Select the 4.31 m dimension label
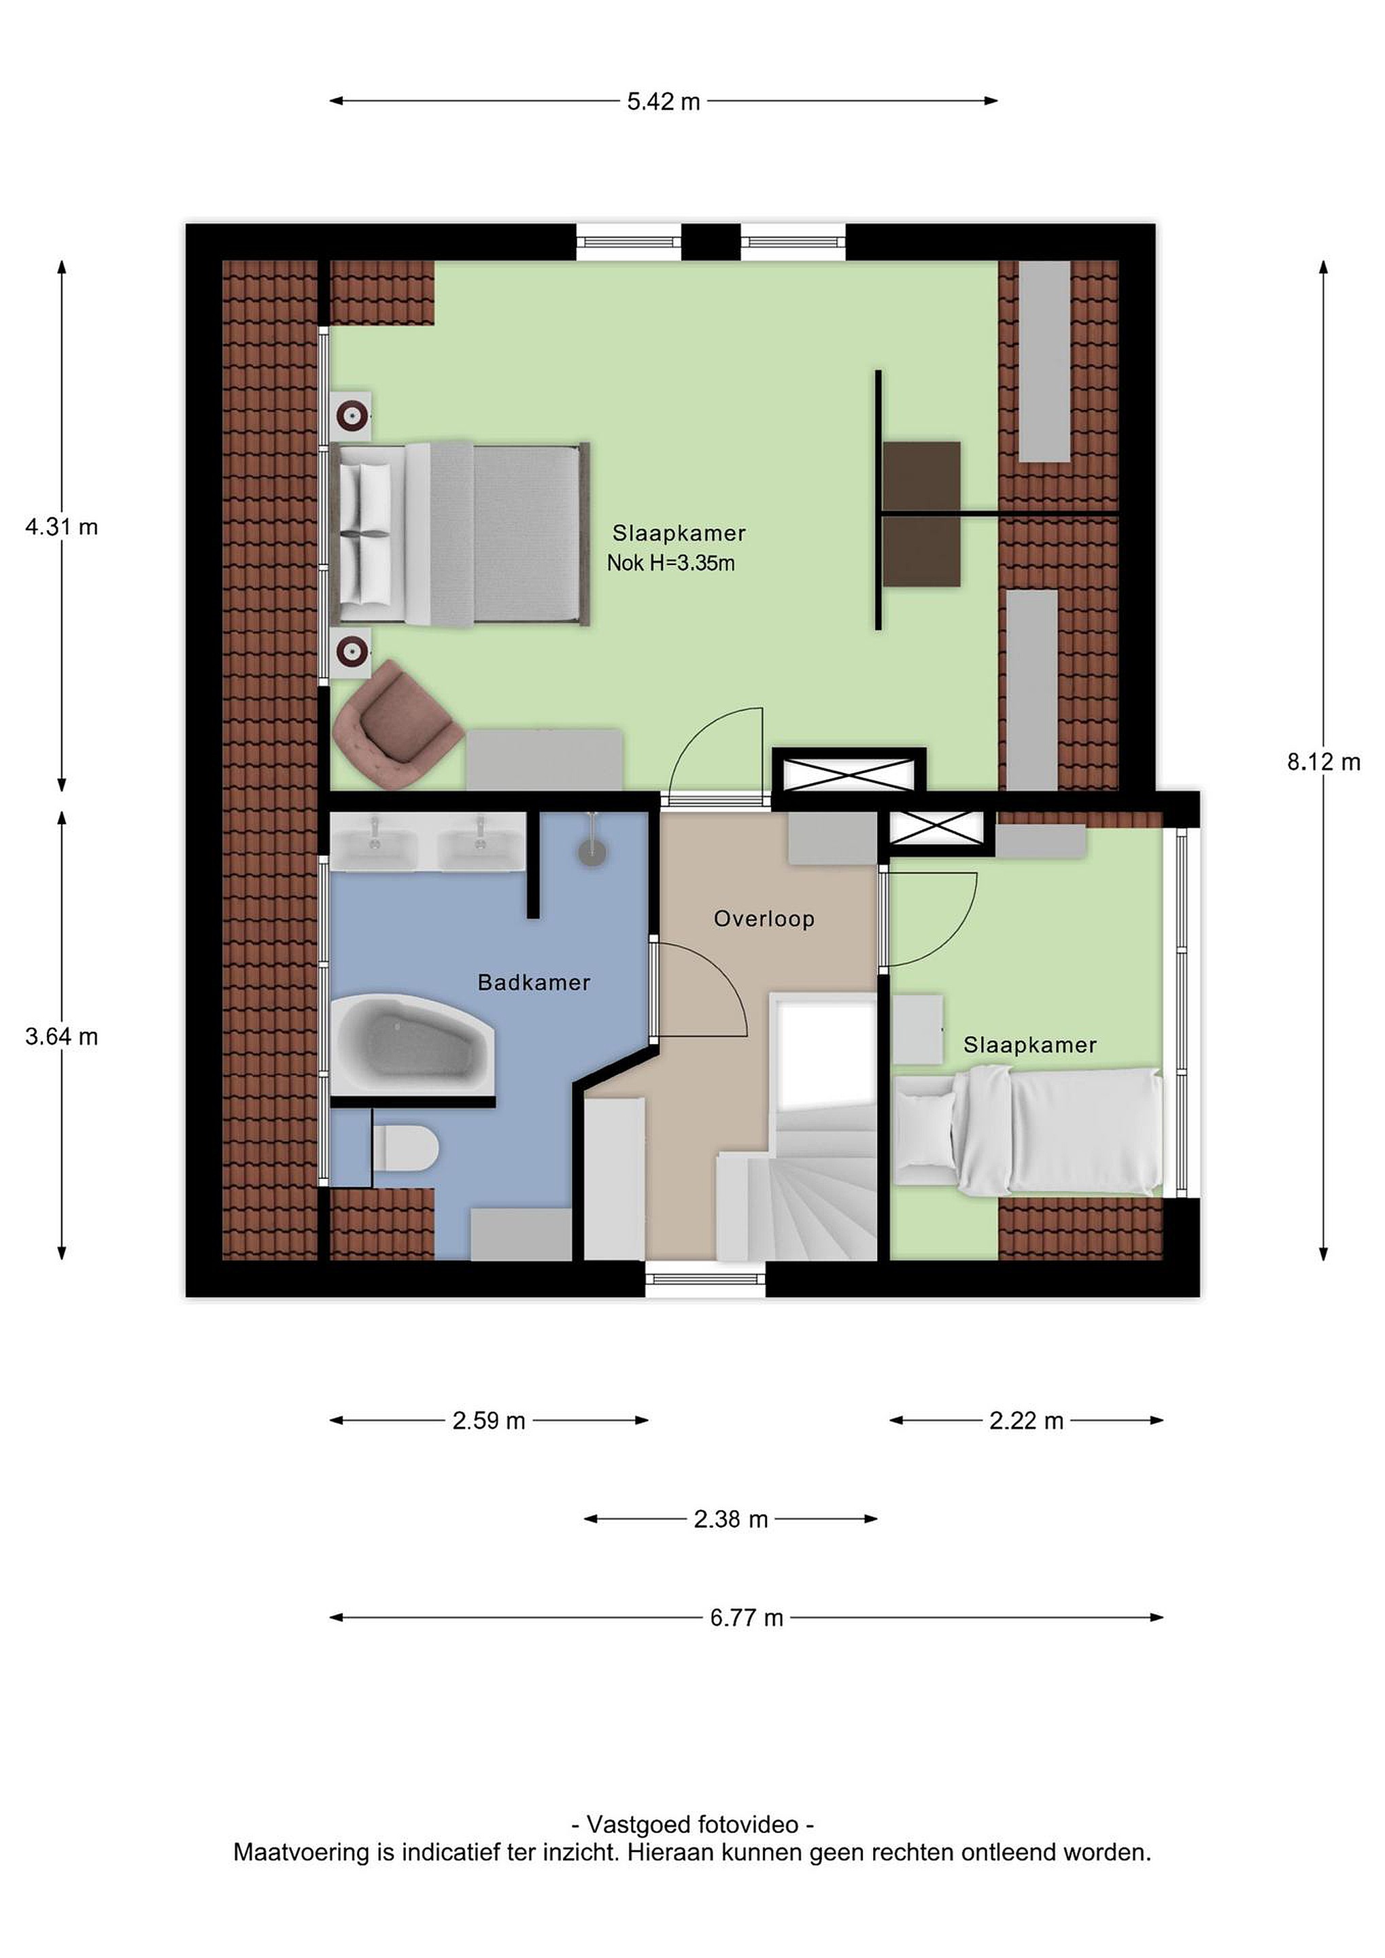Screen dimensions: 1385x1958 61,527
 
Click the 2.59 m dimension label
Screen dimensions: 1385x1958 489,1421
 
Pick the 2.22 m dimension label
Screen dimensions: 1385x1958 1027,1421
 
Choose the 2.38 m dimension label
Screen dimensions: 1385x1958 731,1519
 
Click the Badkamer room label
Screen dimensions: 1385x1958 534,982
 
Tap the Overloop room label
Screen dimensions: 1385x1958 764,918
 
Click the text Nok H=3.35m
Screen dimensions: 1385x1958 671,563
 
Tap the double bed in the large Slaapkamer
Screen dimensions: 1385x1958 460,534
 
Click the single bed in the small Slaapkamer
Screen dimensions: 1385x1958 1027,1131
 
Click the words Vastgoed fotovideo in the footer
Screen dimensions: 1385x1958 692,1825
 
